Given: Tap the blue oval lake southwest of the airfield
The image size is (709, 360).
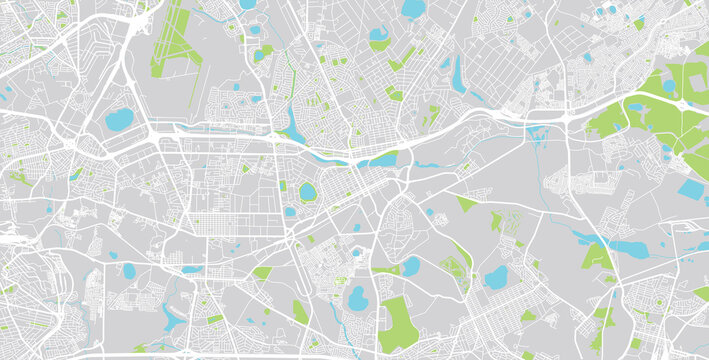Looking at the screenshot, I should [x=119, y=121].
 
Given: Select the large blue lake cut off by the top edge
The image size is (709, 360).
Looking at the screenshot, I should [x=412, y=9].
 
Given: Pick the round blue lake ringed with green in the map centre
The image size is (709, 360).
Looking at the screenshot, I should [x=307, y=191].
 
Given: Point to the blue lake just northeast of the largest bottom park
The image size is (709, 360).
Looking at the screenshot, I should [x=410, y=266].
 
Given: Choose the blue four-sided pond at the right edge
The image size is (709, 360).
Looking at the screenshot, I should [x=691, y=187].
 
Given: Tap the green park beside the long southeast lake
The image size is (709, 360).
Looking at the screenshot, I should [x=597, y=257].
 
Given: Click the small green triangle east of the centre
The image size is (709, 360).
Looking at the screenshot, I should [x=466, y=203].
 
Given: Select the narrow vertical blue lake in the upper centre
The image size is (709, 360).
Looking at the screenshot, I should [x=457, y=72].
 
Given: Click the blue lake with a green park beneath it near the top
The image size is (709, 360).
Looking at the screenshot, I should [x=379, y=37].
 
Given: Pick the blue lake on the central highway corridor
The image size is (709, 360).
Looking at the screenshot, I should [x=383, y=159].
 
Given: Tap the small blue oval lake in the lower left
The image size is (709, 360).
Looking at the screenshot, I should [x=128, y=270].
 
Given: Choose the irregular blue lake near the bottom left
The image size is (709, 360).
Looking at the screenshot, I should [x=172, y=318].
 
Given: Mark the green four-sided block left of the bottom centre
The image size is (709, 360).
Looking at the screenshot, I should [x=300, y=312].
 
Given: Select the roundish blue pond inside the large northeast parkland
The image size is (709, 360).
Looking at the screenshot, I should [x=668, y=86].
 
